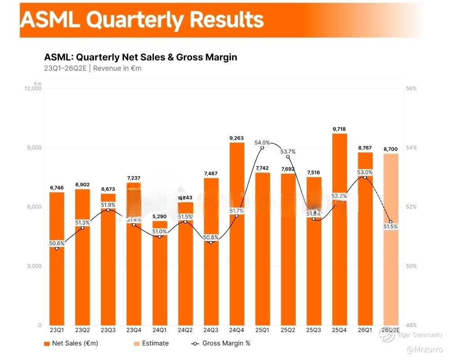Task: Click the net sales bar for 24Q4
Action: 236,234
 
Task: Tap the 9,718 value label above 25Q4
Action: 339,129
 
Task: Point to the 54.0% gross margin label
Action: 262,143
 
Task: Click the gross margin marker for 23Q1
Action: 57,248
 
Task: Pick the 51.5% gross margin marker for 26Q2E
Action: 390,222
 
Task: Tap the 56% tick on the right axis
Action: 411,89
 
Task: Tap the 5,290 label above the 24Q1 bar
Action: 159,216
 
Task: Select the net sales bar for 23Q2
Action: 82,256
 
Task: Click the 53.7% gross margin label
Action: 288,152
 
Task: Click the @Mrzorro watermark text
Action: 425,349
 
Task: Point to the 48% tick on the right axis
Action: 411,325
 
